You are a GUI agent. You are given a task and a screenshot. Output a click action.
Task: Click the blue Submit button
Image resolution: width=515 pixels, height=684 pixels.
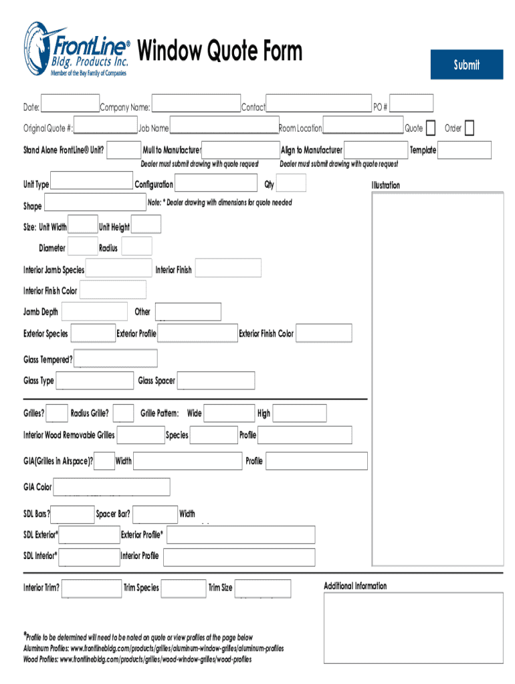(466, 65)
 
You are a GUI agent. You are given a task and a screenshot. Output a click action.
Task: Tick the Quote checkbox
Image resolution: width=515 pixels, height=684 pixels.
(431, 128)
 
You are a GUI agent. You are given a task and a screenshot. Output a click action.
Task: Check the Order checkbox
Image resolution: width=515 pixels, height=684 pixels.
(469, 128)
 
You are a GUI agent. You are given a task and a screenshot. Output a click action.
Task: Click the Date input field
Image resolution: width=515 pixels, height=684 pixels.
(70, 104)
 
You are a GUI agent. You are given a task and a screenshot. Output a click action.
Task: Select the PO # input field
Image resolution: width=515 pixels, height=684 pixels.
(407, 104)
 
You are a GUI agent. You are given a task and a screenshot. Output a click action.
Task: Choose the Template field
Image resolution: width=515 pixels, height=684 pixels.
(464, 150)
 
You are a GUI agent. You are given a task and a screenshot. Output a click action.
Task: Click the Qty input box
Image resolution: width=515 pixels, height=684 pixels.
(291, 183)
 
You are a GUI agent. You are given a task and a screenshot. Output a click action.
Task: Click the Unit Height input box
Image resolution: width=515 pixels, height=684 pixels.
(146, 226)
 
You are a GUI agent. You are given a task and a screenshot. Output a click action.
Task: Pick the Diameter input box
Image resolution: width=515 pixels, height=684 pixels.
(83, 246)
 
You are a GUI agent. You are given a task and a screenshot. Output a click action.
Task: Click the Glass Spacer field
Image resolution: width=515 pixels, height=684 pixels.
(216, 381)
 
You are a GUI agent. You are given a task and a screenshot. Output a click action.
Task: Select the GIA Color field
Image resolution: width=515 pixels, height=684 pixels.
(112, 487)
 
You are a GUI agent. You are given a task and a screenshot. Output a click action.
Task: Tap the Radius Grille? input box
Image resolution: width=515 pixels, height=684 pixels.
(123, 413)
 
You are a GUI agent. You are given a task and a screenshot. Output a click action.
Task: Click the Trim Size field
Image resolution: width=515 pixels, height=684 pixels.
(262, 588)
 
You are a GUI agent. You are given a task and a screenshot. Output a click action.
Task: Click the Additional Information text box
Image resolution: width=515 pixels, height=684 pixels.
(413, 629)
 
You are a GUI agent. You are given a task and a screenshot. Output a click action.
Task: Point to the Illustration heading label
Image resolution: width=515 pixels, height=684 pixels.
(386, 185)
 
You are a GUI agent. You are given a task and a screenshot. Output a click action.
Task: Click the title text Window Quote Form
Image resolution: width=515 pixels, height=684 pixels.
(219, 51)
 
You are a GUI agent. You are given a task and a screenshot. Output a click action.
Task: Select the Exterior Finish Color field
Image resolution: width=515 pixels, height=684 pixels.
(324, 333)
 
